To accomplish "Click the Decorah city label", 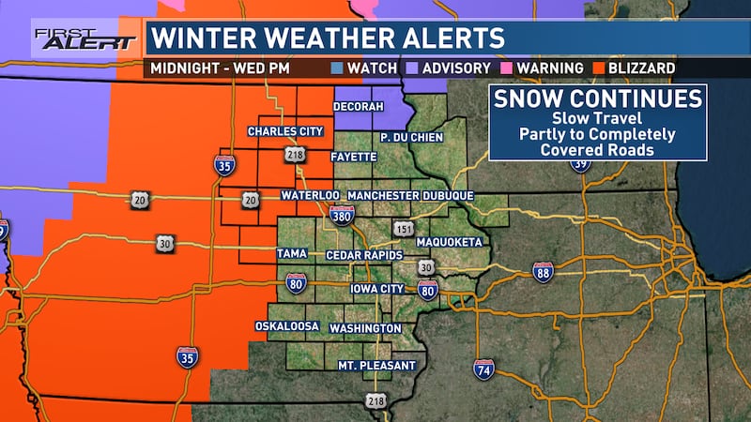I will (360, 107).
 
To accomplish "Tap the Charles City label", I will (285, 131).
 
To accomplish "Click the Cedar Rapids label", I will (365, 255).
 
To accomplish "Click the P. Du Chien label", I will (410, 137).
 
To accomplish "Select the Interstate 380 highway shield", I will (343, 217).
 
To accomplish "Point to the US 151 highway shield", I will (403, 229).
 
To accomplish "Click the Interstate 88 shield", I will (543, 271).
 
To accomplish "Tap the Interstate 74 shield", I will (483, 369).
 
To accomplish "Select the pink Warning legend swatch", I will (508, 68).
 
